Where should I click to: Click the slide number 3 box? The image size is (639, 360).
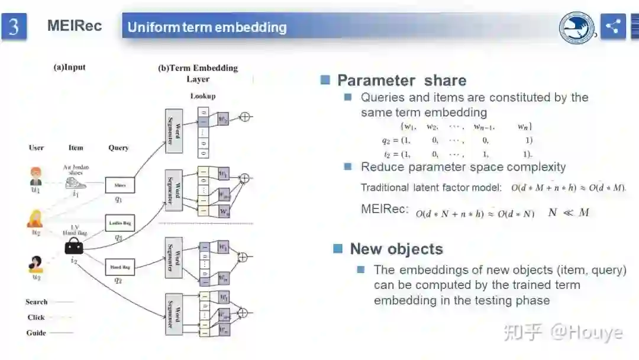click(x=14, y=27)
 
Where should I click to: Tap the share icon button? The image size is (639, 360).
click(x=613, y=26)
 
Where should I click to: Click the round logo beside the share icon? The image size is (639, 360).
click(x=577, y=28)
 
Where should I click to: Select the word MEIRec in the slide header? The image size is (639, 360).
click(x=75, y=26)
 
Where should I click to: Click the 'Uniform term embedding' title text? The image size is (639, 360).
click(x=207, y=27)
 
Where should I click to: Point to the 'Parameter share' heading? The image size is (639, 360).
click(x=402, y=81)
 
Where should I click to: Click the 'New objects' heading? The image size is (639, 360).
click(x=396, y=249)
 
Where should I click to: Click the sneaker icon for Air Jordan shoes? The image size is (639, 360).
click(x=76, y=182)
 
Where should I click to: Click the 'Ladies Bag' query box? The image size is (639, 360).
click(x=120, y=223)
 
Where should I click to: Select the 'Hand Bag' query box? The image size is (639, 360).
click(x=120, y=267)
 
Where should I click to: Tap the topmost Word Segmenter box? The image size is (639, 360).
click(x=174, y=130)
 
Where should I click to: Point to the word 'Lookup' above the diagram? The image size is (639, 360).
click(x=203, y=96)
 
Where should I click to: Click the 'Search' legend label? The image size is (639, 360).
click(x=37, y=302)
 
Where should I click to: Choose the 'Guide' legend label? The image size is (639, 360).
click(x=36, y=333)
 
